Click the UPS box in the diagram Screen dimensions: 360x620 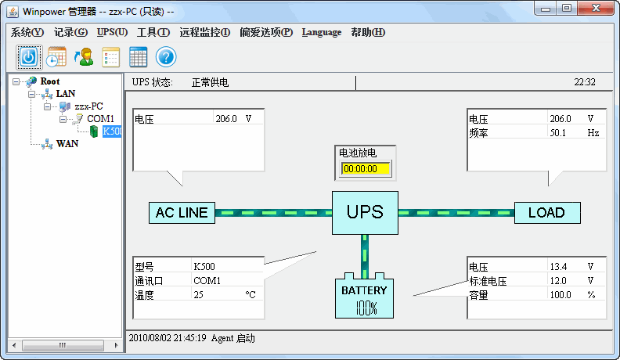point(364,212)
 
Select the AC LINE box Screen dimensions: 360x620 point(182,213)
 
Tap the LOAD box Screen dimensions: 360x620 point(546,213)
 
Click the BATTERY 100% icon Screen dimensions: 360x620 point(364,297)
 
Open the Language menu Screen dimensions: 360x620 point(321,32)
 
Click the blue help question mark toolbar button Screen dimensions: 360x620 point(165,56)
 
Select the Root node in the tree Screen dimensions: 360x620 point(49,81)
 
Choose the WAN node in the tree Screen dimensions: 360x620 point(67,144)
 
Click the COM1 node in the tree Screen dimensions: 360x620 point(100,118)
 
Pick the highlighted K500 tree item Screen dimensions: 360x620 point(111,131)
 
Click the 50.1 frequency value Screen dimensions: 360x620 point(558,133)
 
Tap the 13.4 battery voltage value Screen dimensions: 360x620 point(558,266)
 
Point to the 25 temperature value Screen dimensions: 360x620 point(199,295)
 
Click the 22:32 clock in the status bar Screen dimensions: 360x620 point(584,81)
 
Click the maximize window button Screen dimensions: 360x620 point(565,9)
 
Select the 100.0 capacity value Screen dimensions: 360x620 point(560,295)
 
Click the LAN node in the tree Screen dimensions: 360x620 point(66,93)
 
